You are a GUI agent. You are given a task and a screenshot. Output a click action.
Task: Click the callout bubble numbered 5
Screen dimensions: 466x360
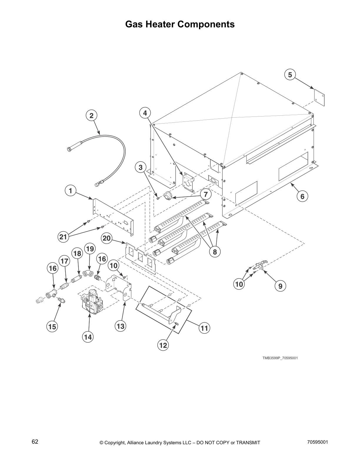(x=290, y=75)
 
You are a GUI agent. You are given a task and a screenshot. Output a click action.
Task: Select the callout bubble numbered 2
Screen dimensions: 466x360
(x=91, y=116)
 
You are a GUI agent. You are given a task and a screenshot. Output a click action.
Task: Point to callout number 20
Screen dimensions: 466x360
(x=106, y=238)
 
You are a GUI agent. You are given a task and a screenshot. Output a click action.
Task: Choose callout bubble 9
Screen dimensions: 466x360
(x=280, y=286)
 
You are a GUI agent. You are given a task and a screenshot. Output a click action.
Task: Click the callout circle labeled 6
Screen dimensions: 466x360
(x=302, y=196)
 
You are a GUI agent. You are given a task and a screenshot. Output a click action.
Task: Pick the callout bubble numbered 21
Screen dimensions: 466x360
(x=63, y=237)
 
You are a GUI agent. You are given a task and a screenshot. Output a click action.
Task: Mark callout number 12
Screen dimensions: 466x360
(x=163, y=345)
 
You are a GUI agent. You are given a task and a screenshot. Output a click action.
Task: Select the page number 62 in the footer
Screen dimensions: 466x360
(x=35, y=442)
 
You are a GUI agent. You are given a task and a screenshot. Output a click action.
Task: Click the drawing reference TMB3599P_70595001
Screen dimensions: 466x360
(x=280, y=358)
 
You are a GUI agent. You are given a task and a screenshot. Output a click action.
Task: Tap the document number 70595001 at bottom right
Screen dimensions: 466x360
(x=317, y=442)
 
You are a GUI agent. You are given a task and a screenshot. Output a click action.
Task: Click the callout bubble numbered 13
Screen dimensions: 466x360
(x=121, y=326)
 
